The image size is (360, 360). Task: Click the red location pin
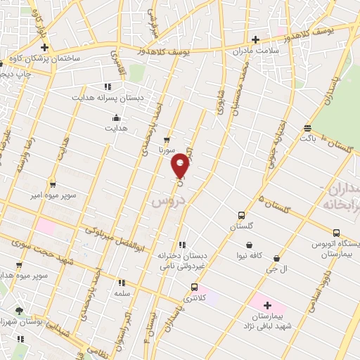(181, 165)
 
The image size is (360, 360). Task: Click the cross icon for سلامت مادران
(255, 39)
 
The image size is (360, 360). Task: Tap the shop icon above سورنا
(167, 139)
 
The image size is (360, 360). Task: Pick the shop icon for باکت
(308, 128)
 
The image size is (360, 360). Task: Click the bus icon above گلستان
(242, 216)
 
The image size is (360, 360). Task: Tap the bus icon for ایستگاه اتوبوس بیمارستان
(336, 233)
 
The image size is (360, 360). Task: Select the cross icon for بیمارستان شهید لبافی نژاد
(267, 305)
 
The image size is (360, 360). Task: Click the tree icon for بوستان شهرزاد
(19, 310)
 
